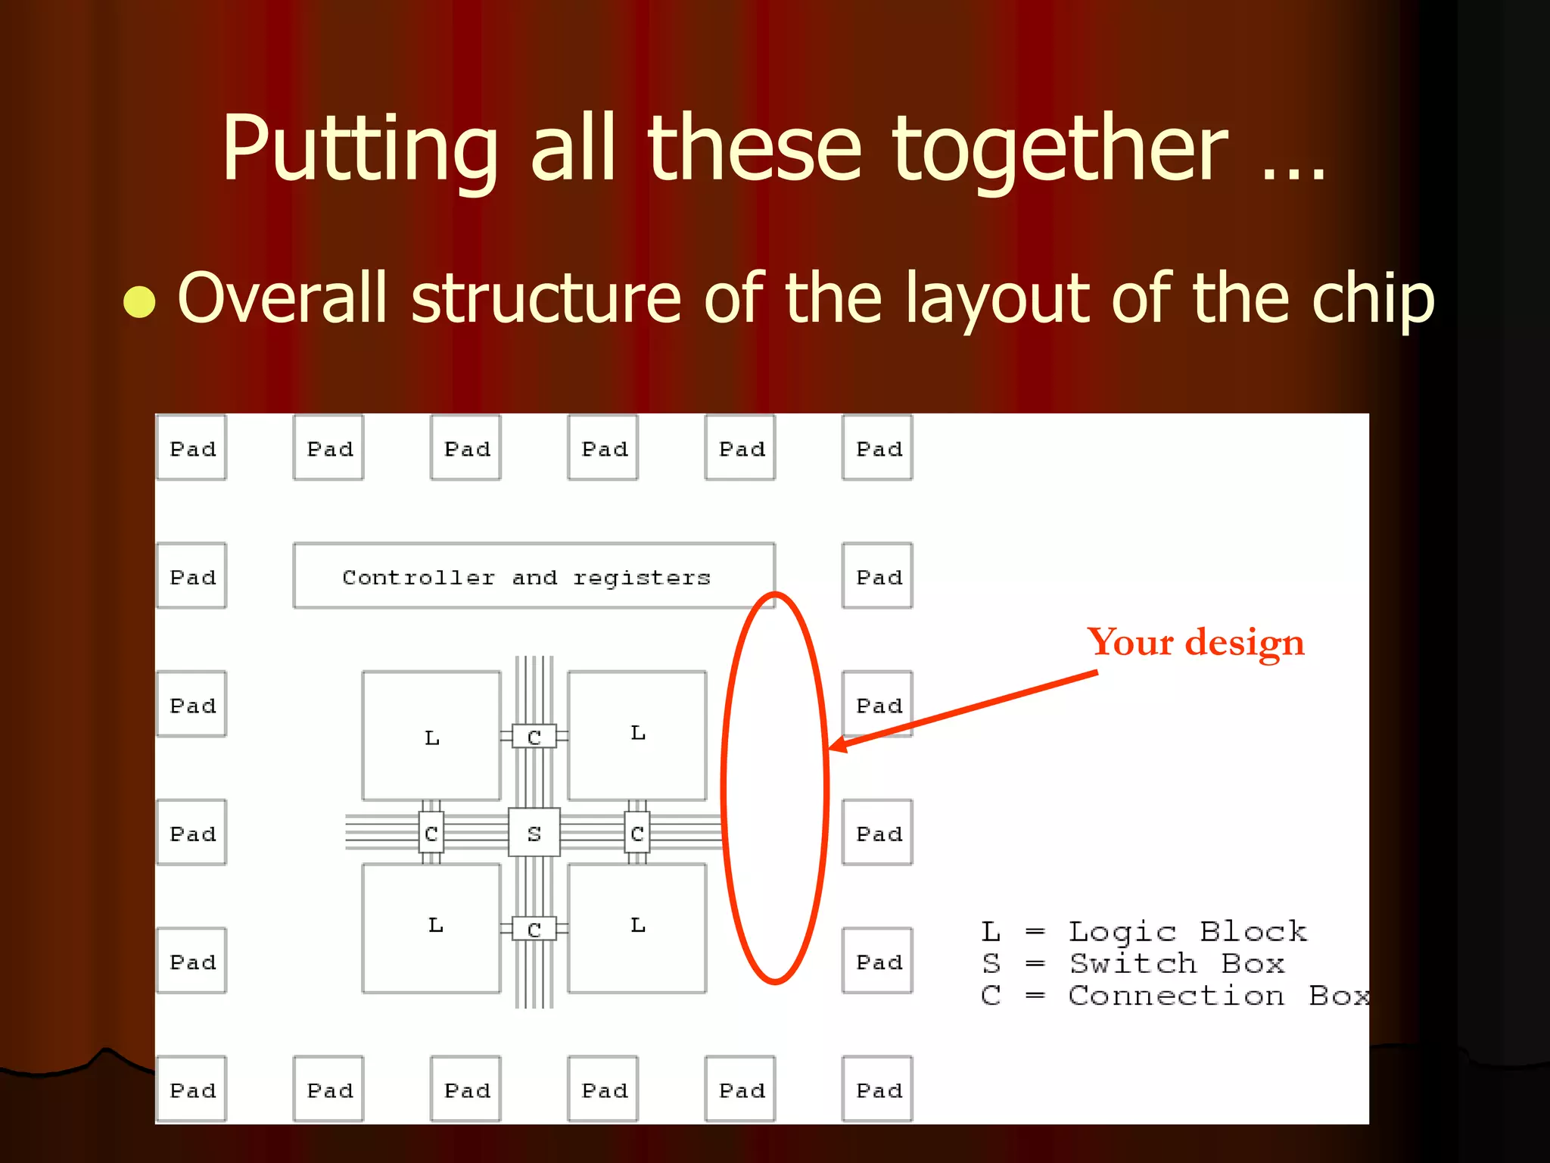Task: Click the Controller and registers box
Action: (x=534, y=575)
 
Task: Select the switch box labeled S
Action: (x=534, y=832)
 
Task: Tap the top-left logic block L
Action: (x=431, y=735)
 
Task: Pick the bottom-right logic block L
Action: (x=637, y=928)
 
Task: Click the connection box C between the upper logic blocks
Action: (x=534, y=736)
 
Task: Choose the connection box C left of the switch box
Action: (x=431, y=833)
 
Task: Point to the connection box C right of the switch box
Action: (x=637, y=833)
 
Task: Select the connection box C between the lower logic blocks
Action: (x=534, y=928)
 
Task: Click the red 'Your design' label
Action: (x=1195, y=643)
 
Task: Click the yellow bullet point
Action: (x=139, y=301)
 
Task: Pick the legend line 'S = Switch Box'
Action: (x=1132, y=964)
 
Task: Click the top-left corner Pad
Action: (x=191, y=447)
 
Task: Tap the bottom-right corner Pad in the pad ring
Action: (x=877, y=1089)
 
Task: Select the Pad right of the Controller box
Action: (x=877, y=575)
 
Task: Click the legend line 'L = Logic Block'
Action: (x=1143, y=931)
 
